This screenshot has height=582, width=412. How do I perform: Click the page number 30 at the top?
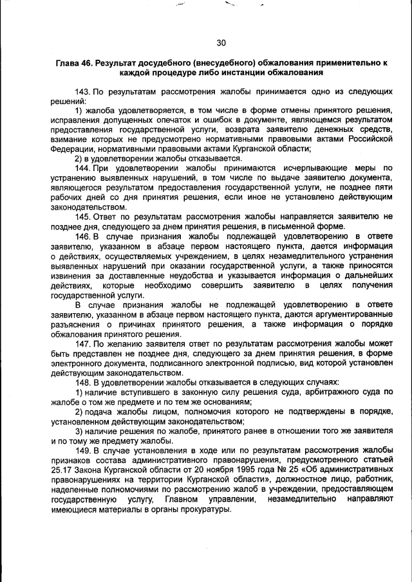pos(221,42)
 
